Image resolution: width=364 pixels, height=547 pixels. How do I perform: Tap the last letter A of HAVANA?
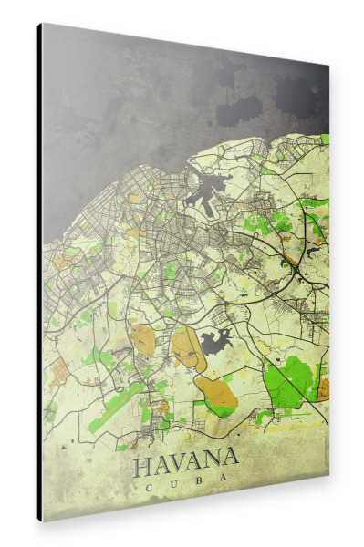point(231,457)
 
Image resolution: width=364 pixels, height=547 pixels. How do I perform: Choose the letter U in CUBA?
point(174,488)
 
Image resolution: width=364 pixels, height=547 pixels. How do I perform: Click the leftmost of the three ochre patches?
point(143,339)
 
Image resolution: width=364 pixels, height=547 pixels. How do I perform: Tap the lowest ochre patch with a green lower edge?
point(217,394)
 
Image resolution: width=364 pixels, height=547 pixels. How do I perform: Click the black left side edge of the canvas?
point(39,273)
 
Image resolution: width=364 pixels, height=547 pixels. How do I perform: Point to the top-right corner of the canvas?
point(328,66)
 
